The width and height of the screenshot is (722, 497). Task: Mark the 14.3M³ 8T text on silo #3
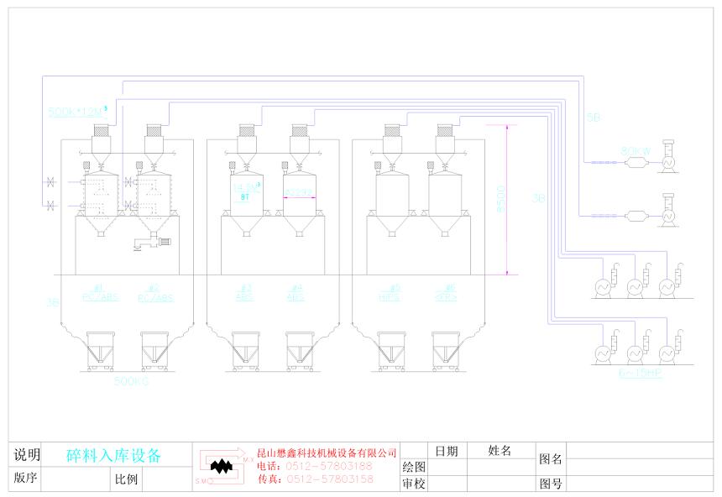click(245, 191)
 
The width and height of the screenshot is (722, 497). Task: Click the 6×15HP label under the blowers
click(640, 372)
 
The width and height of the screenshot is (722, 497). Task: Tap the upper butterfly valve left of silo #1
click(50, 181)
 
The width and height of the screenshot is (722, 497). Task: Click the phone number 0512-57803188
click(328, 466)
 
